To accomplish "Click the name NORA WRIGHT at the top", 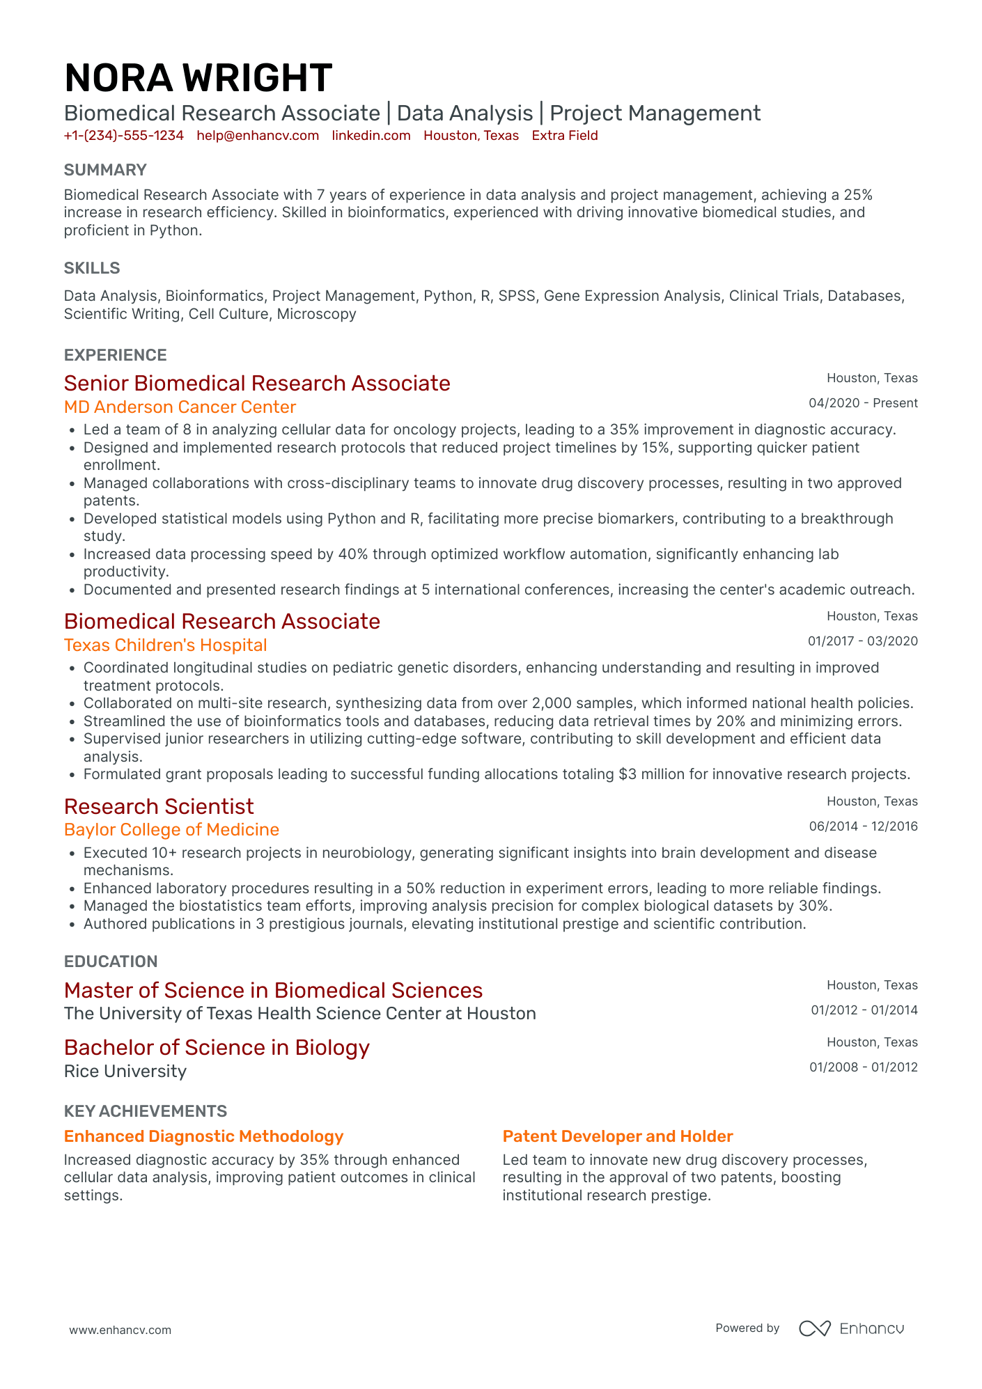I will click(198, 77).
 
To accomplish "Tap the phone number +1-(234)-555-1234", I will click(123, 136).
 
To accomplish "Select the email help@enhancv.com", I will click(258, 136).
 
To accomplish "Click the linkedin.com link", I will click(371, 136).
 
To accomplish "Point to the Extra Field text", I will click(564, 136).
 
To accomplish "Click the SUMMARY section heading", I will click(105, 170).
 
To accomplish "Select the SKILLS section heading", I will click(92, 268).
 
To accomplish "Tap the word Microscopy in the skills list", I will click(316, 314).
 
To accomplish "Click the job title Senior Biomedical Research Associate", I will click(257, 383).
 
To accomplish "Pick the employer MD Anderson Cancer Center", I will click(180, 407).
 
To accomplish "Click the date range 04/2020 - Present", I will click(863, 403).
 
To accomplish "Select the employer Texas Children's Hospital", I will click(165, 645).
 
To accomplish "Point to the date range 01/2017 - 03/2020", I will click(862, 641).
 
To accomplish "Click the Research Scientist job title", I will click(159, 806).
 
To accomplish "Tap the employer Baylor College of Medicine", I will click(171, 830).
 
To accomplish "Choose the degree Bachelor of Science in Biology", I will click(217, 1048).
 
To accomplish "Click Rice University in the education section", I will click(125, 1072).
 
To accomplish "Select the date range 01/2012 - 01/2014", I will click(864, 1010).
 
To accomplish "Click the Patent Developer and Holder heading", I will click(618, 1136).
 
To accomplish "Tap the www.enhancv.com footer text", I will click(120, 1330).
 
